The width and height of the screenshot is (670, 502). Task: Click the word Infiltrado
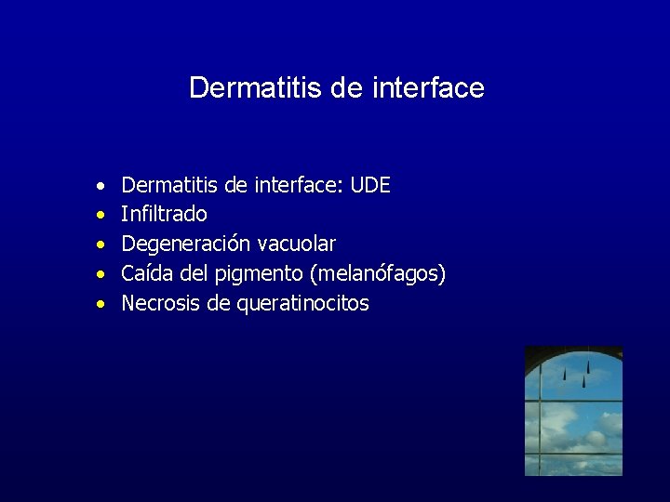click(x=164, y=215)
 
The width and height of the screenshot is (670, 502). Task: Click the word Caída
click(x=145, y=274)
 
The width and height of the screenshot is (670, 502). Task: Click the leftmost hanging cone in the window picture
click(x=564, y=375)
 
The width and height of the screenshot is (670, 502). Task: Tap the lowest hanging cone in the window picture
click(x=583, y=381)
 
